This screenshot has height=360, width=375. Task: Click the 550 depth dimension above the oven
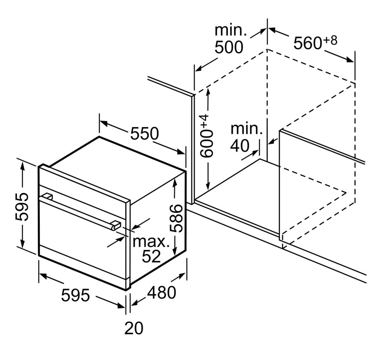pyautogui.click(x=145, y=133)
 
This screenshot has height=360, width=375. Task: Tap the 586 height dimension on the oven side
pyautogui.click(x=176, y=218)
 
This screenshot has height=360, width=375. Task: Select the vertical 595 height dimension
pyautogui.click(x=22, y=206)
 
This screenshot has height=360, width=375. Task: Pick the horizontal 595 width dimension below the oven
pyautogui.click(x=75, y=295)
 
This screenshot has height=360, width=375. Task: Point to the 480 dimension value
pyautogui.click(x=162, y=292)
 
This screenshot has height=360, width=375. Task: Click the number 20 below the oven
pyautogui.click(x=134, y=328)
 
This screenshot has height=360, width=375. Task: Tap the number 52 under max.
pyautogui.click(x=151, y=257)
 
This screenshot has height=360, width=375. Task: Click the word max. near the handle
pyautogui.click(x=151, y=242)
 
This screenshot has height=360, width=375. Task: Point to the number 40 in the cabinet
pyautogui.click(x=240, y=145)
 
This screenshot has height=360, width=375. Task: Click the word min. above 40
pyautogui.click(x=247, y=129)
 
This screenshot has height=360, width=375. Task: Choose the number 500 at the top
pyautogui.click(x=229, y=47)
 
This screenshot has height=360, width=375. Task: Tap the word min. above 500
pyautogui.click(x=230, y=30)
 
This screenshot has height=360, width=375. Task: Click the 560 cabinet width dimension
pyautogui.click(x=308, y=43)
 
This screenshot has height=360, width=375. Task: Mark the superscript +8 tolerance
pyautogui.click(x=330, y=40)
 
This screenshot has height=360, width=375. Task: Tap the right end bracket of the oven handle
pyautogui.click(x=116, y=225)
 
